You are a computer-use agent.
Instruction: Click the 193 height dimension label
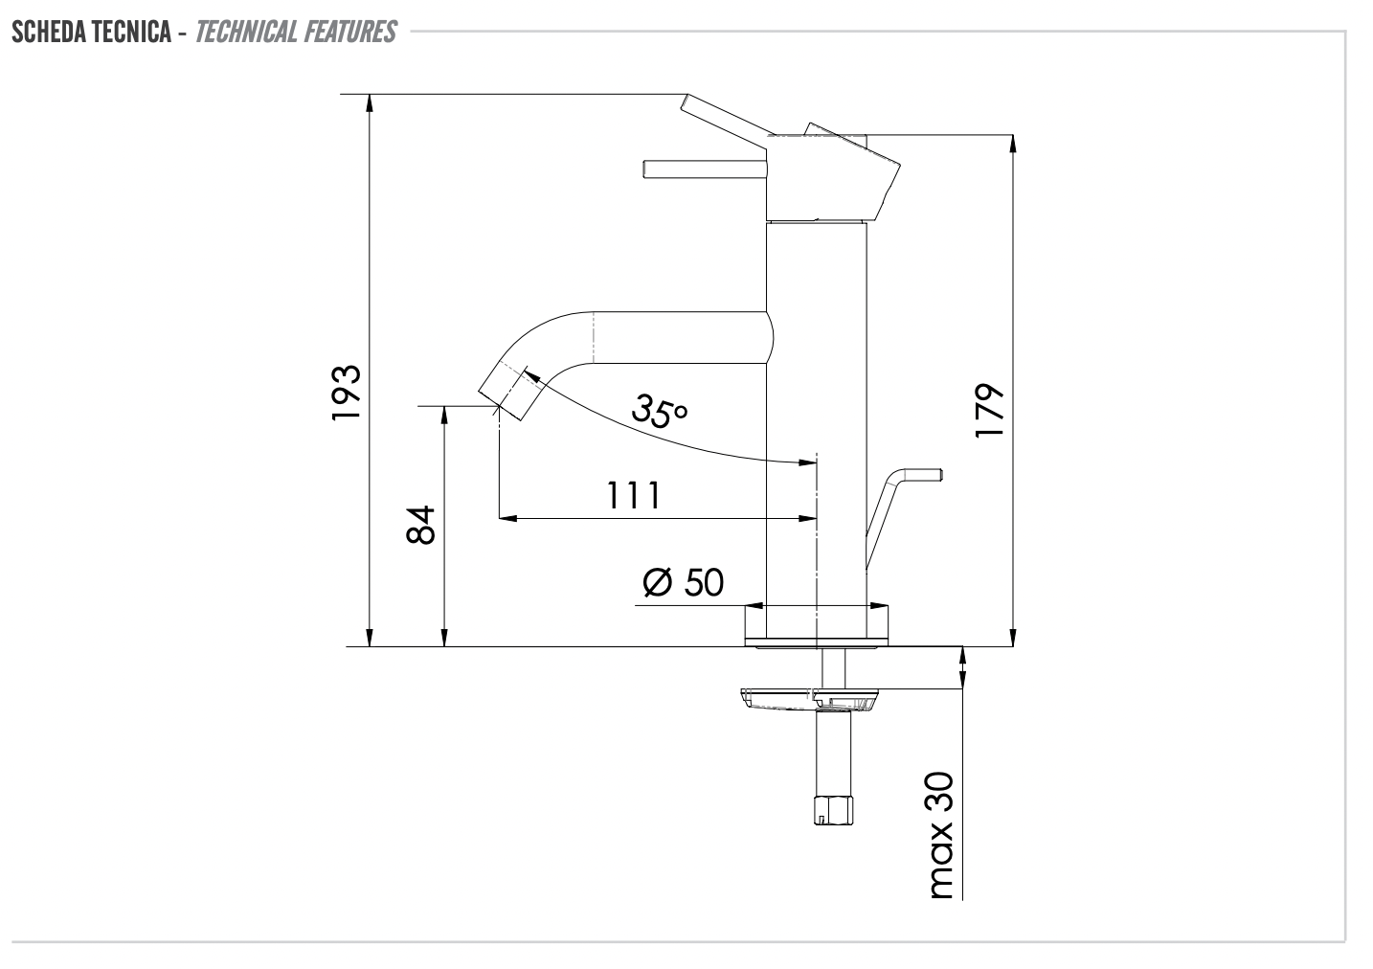(x=346, y=392)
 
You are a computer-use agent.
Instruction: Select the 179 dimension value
(x=988, y=412)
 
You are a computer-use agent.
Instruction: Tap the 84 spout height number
(x=421, y=525)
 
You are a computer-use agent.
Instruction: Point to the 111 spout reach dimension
(x=633, y=496)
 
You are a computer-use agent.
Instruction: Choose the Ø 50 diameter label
(x=684, y=582)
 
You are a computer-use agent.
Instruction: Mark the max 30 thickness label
(x=941, y=835)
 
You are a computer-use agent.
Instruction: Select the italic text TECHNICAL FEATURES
(x=295, y=33)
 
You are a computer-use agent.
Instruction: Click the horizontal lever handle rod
(x=704, y=169)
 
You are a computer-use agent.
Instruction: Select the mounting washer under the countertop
(x=806, y=697)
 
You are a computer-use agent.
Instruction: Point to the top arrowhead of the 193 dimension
(x=370, y=103)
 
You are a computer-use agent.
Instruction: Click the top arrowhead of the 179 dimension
(x=1013, y=144)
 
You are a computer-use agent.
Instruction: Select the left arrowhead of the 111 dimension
(x=508, y=518)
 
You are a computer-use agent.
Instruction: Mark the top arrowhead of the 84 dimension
(x=443, y=415)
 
